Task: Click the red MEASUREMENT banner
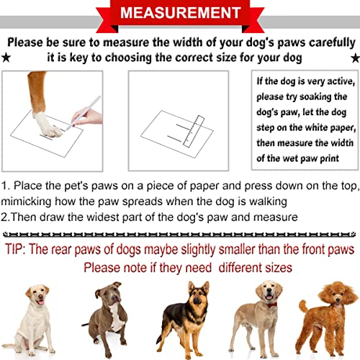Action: (x=180, y=14)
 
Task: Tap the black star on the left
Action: (x=6, y=55)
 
